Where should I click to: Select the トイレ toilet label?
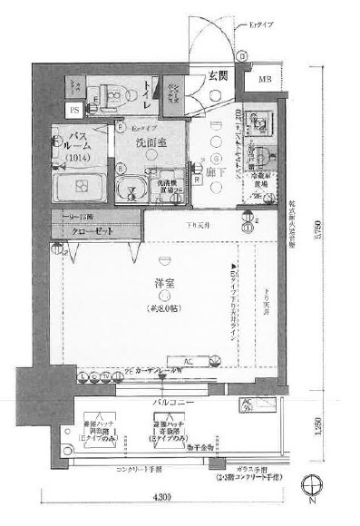coord(142,91)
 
